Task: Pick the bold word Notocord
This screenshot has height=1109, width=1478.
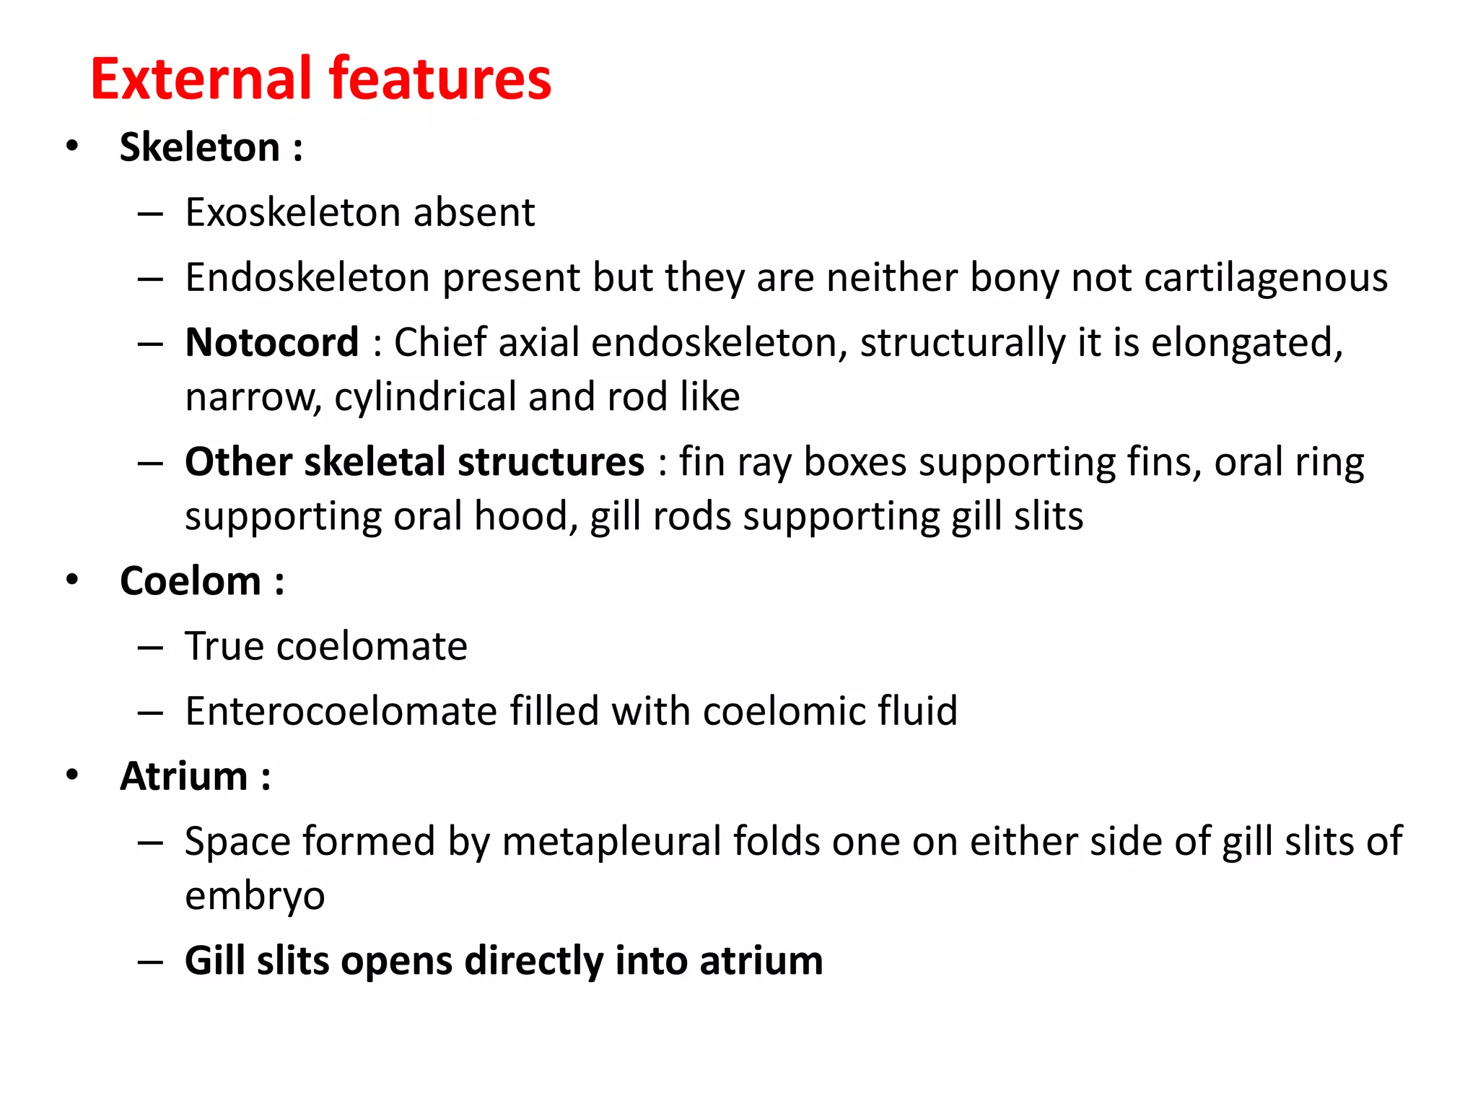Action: pos(271,342)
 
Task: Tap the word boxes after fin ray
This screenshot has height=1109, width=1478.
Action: pos(854,462)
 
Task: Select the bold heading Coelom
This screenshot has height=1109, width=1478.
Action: pos(191,581)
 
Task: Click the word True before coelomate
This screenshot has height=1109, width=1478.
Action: pos(224,646)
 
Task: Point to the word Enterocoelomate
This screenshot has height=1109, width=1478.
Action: pos(341,711)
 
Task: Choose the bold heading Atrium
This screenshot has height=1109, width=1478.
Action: pos(184,776)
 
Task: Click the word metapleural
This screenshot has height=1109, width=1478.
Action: pos(611,842)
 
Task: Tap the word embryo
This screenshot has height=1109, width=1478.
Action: pos(255,896)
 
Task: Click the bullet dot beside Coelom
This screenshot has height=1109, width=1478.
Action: pos(72,580)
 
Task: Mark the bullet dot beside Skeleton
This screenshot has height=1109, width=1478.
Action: pos(72,147)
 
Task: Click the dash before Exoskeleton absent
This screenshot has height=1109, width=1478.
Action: pos(150,214)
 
